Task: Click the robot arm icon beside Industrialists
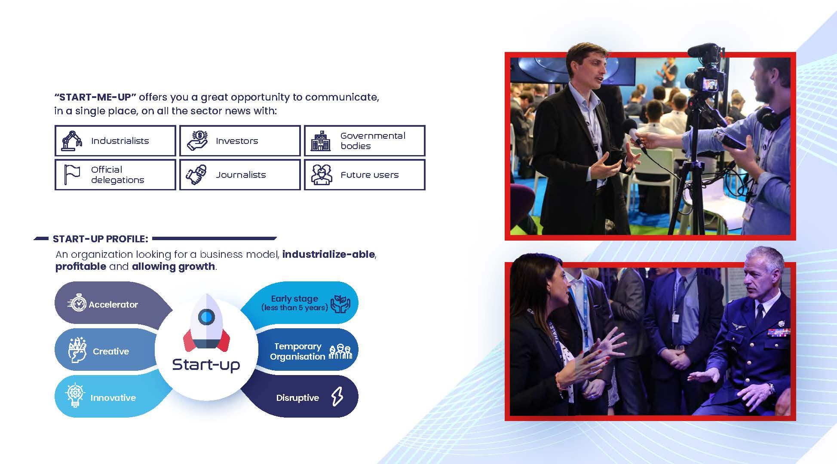point(71,140)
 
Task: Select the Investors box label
point(237,141)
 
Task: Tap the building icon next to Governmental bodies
point(321,141)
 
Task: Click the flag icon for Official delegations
point(72,174)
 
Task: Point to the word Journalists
point(241,175)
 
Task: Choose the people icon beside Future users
point(322,175)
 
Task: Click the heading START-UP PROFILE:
point(101,239)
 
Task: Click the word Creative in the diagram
point(111,351)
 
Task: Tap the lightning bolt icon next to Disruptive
point(337,397)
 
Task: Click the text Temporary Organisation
point(297,351)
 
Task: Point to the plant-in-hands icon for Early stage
point(340,303)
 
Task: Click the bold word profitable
point(81,267)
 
